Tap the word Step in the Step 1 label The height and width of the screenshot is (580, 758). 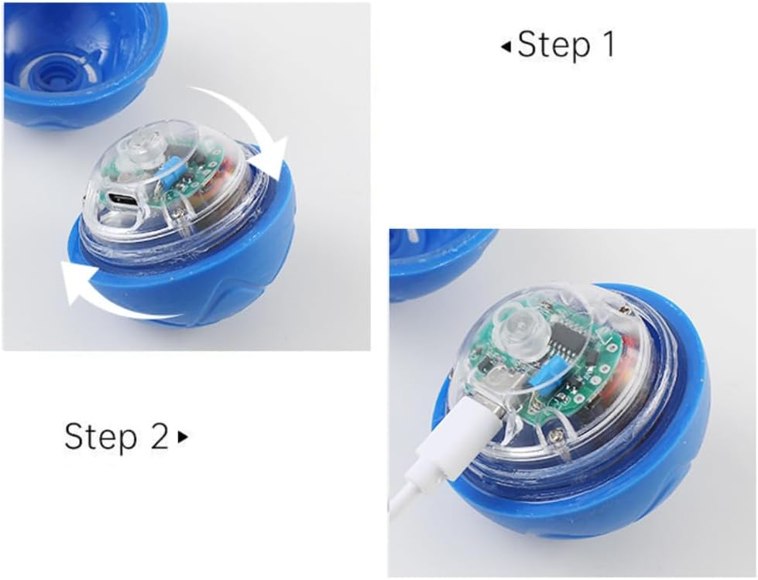click(x=551, y=45)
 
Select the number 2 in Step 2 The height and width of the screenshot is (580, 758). click(x=157, y=436)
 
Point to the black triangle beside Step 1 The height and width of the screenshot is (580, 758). click(x=506, y=47)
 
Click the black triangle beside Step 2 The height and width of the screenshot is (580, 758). click(x=183, y=437)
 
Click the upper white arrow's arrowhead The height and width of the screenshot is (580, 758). click(x=271, y=155)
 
